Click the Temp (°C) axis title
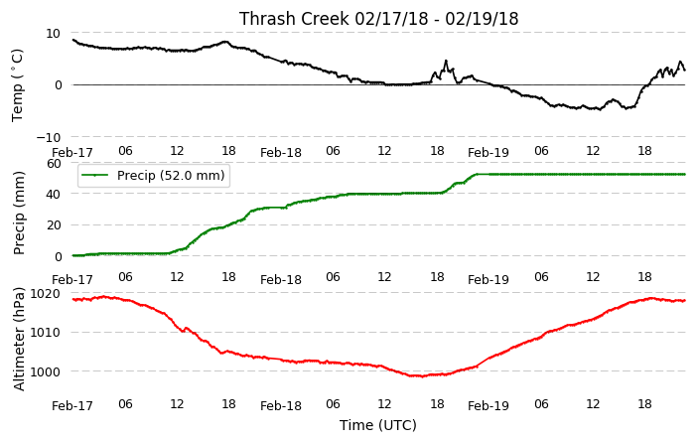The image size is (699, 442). coord(17,85)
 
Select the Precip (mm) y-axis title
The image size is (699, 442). coord(18,214)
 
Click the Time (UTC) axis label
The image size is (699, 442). coord(378,425)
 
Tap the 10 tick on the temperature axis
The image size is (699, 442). coord(53,34)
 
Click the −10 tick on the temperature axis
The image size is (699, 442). coord(48,137)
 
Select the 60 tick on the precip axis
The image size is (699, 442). coord(54,164)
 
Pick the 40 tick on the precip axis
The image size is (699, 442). coord(54,195)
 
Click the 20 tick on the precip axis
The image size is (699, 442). coord(54,225)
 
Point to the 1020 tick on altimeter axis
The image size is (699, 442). coord(45,294)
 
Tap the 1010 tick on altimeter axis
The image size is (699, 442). coord(45,333)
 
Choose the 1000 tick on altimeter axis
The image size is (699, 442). coord(45,371)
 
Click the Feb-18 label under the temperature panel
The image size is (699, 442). coord(281,153)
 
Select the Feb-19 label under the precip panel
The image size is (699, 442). coord(489,280)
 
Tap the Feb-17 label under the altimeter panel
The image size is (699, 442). coord(72,406)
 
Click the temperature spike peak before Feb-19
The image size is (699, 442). coord(446,61)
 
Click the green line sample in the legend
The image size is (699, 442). coord(95,175)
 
